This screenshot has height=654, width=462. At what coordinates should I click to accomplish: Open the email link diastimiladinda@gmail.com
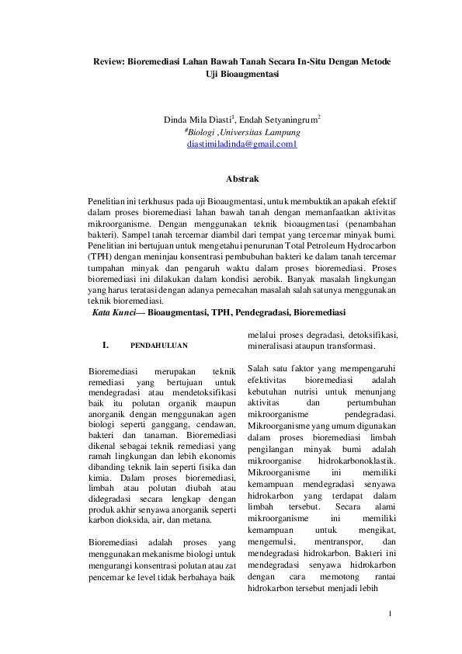pos(241,144)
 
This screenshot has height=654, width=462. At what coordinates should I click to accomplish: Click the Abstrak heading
pos(241,179)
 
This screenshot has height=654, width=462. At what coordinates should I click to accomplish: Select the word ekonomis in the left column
pos(217,457)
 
